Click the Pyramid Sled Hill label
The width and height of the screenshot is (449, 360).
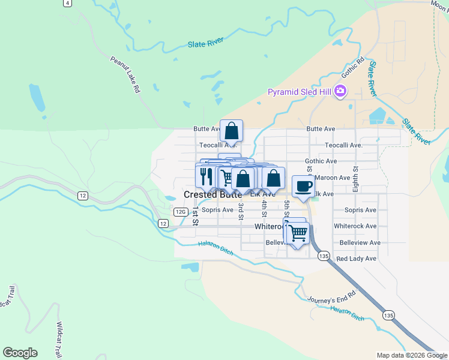(300, 92)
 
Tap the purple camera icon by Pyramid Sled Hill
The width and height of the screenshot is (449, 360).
(340, 91)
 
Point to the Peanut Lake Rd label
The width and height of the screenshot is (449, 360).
(125, 74)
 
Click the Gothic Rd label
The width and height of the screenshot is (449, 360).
(353, 68)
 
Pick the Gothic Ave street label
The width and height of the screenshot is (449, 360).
(321, 161)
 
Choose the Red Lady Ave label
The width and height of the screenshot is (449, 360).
(356, 259)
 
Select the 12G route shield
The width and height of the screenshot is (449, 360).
(181, 212)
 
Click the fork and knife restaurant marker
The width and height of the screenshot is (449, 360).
(206, 176)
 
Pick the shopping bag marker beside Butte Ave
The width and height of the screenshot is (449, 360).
(232, 131)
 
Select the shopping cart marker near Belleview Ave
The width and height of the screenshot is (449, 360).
(298, 233)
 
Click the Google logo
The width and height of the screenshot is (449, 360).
(20, 353)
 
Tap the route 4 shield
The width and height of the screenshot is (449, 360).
(68, 3)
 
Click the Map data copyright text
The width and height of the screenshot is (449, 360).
(411, 355)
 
